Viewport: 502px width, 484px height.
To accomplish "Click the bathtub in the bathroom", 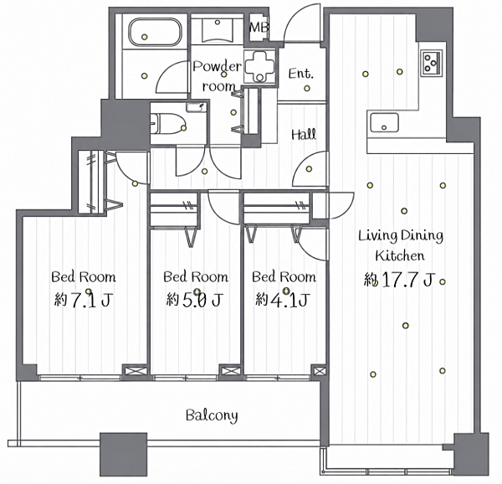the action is [x=155, y=31].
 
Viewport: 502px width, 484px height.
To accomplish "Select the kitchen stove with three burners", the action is [x=431, y=63].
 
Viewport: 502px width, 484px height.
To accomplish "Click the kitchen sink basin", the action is [x=384, y=122].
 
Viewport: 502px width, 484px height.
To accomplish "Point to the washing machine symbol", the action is [x=259, y=66].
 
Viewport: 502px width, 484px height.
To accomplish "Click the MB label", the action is [x=259, y=28].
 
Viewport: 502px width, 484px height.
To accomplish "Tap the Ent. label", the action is [x=300, y=74].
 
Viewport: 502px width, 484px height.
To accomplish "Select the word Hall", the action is [x=304, y=134].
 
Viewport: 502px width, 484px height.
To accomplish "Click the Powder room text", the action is [x=218, y=76].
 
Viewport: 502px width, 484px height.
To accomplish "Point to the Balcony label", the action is [x=212, y=415].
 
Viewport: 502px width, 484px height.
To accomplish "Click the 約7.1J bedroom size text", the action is [x=83, y=300].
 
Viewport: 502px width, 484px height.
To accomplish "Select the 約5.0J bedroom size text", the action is [x=194, y=300].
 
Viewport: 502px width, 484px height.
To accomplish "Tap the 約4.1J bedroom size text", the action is [x=282, y=300].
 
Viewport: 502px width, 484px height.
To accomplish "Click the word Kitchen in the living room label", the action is [x=400, y=256].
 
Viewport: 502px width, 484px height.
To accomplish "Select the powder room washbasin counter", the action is [x=218, y=30].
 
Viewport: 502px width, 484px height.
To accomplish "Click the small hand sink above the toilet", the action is [x=197, y=107].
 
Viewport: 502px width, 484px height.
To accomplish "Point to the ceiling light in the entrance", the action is [x=307, y=88].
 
